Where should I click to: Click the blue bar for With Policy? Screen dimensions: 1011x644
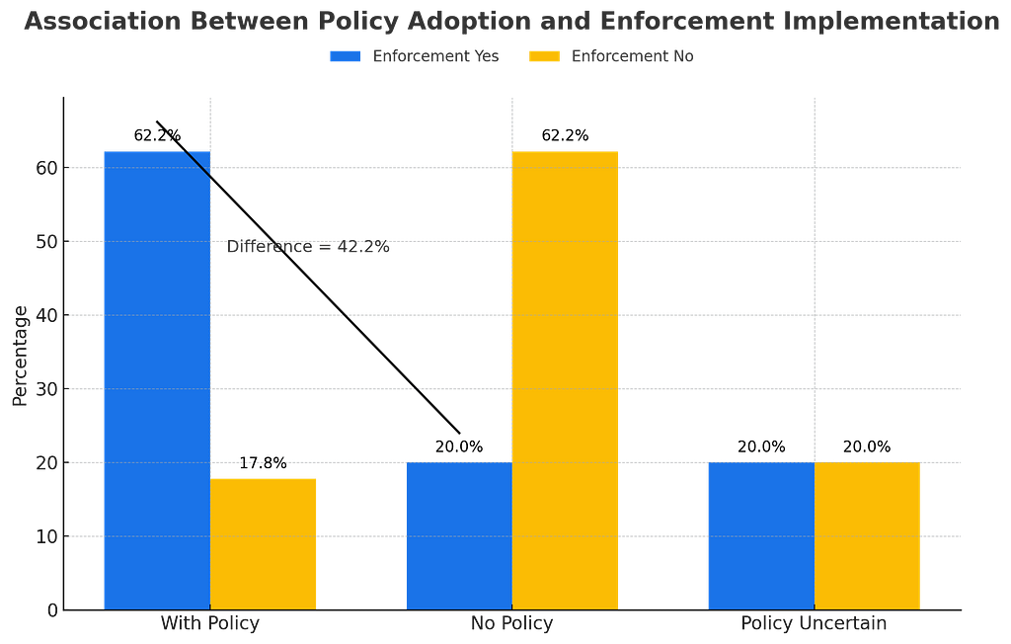pyautogui.click(x=157, y=380)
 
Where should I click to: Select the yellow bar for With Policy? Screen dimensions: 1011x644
pyautogui.click(x=263, y=544)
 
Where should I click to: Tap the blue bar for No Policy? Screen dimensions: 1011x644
pyautogui.click(x=459, y=536)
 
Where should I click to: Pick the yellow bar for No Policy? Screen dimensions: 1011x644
pyautogui.click(x=565, y=380)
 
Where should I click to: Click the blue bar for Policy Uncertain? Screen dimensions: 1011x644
pyautogui.click(x=761, y=536)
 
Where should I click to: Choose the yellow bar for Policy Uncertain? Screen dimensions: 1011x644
pyautogui.click(x=867, y=536)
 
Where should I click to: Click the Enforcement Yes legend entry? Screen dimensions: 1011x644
pyautogui.click(x=415, y=56)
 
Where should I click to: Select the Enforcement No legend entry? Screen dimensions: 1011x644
pyautogui.click(x=611, y=56)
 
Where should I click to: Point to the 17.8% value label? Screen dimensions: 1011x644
pyautogui.click(x=263, y=463)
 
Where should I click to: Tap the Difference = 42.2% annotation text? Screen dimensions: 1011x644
pyautogui.click(x=308, y=247)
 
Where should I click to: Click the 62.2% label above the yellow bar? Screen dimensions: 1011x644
pyautogui.click(x=565, y=135)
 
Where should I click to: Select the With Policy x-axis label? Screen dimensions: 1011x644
pyautogui.click(x=210, y=624)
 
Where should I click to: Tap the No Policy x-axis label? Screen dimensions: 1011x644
pyautogui.click(x=512, y=624)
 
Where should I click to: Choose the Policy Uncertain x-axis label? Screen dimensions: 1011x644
pyautogui.click(x=814, y=624)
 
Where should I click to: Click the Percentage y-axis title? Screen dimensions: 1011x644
pyautogui.click(x=21, y=357)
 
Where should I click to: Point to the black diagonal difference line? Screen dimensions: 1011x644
pyautogui.click(x=308, y=278)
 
